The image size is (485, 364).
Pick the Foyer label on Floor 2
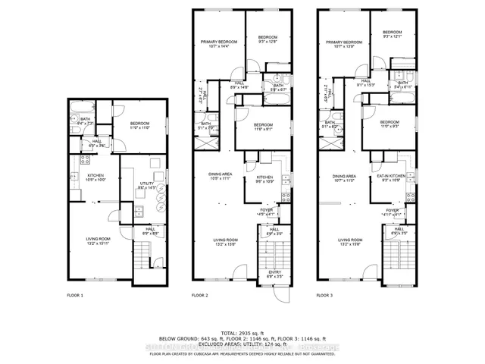(x=265, y=214)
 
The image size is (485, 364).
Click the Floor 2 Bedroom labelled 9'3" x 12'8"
(x=268, y=39)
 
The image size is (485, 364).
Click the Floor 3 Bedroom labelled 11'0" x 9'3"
(x=390, y=124)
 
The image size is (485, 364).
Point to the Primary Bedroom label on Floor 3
(x=344, y=45)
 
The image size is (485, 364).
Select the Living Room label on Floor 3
(x=349, y=242)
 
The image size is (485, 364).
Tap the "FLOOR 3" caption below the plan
(x=324, y=294)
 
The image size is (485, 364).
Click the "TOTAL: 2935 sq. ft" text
(x=242, y=334)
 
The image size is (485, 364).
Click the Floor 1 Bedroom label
(x=139, y=126)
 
